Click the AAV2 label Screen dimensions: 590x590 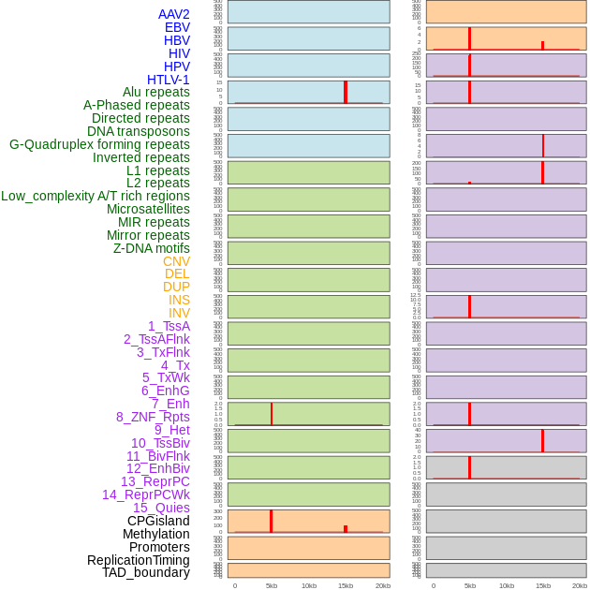click(x=173, y=14)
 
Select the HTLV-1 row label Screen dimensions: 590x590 click(x=168, y=80)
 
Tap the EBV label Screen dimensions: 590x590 click(x=176, y=27)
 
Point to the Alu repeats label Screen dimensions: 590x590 click(x=155, y=92)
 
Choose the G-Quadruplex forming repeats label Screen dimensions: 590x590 click(x=99, y=144)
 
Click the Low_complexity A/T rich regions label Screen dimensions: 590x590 click(x=96, y=196)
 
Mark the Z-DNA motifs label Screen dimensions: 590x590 click(x=152, y=248)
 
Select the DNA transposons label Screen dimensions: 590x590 click(x=139, y=131)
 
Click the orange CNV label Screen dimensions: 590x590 click(x=176, y=261)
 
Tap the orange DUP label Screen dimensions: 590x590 click(x=176, y=287)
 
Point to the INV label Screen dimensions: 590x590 click(x=179, y=313)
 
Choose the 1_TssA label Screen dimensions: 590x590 click(x=169, y=326)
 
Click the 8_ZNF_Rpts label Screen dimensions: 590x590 click(x=153, y=417)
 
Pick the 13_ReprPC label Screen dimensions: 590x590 click(x=155, y=481)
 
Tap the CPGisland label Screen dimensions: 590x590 click(x=158, y=521)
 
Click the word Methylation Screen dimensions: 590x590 click(x=155, y=534)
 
